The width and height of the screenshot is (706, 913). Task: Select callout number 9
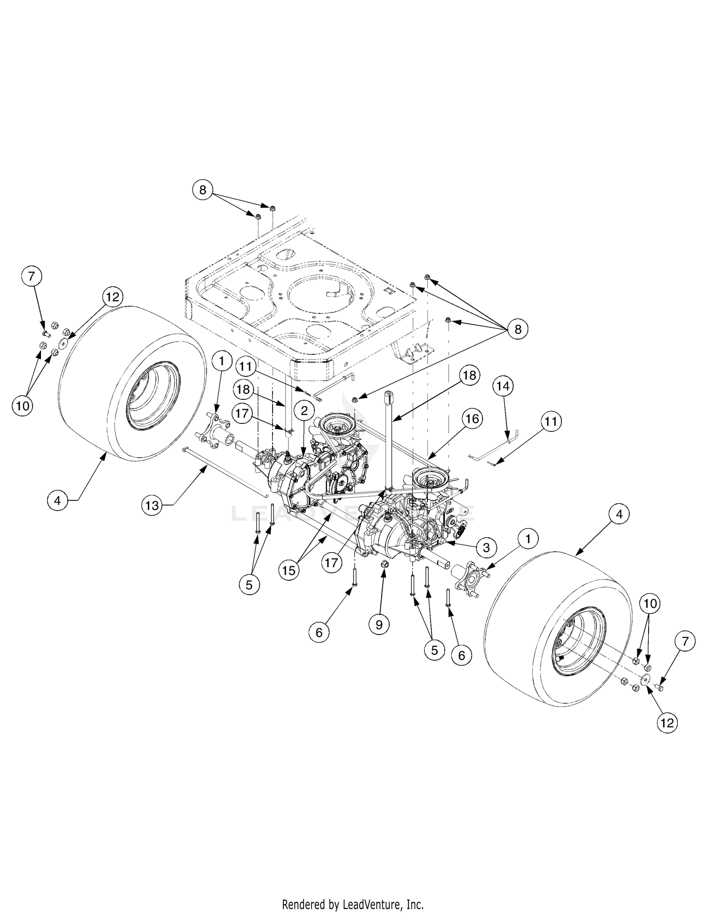pyautogui.click(x=379, y=624)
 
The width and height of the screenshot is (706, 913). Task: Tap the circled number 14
pyautogui.click(x=503, y=386)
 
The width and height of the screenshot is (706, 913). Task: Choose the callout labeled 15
pyautogui.click(x=289, y=571)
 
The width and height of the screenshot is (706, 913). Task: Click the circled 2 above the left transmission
pyautogui.click(x=305, y=411)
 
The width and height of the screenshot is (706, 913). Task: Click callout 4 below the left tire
pyautogui.click(x=57, y=501)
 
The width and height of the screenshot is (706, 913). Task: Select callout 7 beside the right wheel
pyautogui.click(x=685, y=642)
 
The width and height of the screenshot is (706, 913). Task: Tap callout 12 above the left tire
pyautogui.click(x=113, y=297)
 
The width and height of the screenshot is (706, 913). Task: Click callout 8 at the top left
pyautogui.click(x=203, y=190)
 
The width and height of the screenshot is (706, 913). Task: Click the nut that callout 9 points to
pyautogui.click(x=384, y=564)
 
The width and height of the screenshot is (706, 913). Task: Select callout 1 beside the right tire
pyautogui.click(x=528, y=539)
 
